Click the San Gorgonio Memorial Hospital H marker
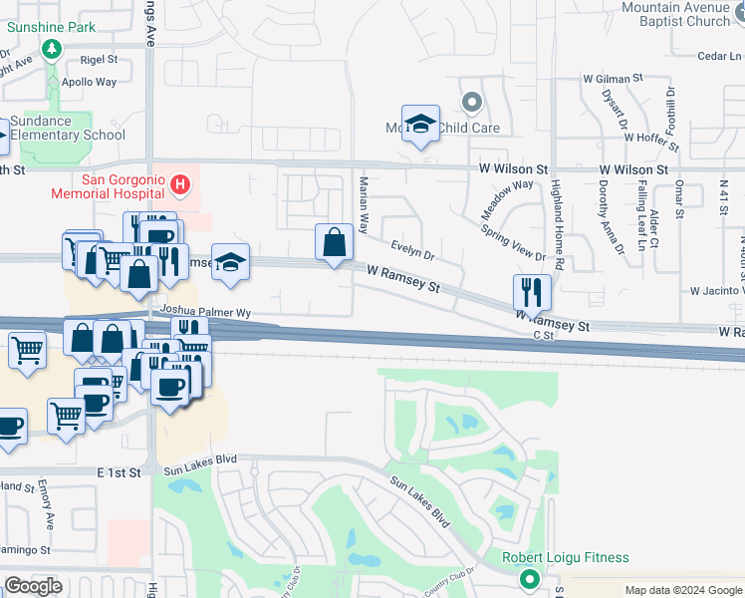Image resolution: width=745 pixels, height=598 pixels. (179, 183)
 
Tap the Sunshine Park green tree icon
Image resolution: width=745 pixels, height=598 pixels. (50, 47)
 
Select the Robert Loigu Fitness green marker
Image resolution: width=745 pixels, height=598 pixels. (529, 577)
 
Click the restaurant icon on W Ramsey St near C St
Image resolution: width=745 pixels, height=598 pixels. (532, 291)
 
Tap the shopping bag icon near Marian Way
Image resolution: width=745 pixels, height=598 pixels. (334, 242)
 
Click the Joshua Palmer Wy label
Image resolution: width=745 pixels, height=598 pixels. (199, 311)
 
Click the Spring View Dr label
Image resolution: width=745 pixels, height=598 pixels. (514, 242)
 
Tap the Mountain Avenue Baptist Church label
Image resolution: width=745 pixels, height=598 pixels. (676, 14)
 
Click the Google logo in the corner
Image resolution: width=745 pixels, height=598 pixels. (33, 586)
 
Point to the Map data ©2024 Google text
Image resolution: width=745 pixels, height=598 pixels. (683, 590)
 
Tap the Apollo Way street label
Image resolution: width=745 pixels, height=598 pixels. (89, 83)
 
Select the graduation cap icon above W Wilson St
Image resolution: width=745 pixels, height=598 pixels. (420, 124)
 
